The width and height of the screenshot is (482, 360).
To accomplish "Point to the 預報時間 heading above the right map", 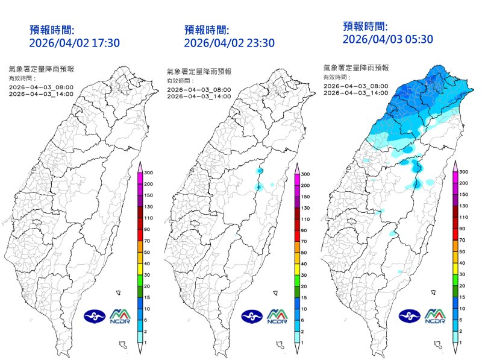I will click(365, 26).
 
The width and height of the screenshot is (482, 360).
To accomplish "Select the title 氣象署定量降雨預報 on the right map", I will click(356, 68).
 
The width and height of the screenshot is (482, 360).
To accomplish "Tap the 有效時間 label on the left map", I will click(22, 78).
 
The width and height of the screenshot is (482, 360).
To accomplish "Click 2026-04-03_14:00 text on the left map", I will click(42, 93).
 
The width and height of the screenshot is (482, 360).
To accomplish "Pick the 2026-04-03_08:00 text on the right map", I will click(355, 86).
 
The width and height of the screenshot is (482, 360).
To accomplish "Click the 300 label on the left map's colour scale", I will click(149, 172).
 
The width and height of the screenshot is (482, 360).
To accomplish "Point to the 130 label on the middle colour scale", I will click(305, 207).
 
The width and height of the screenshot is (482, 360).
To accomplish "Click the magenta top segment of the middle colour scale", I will click(297, 179).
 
